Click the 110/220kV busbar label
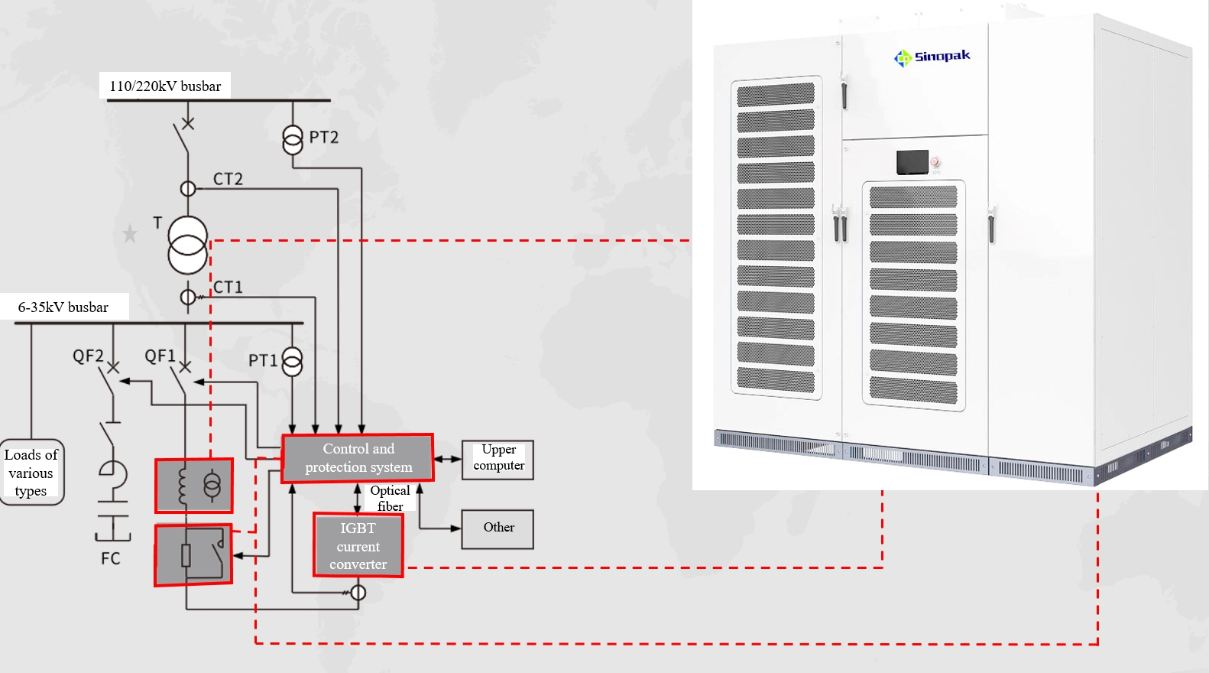[x=164, y=86]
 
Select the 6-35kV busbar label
[x=63, y=307]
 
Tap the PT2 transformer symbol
[x=293, y=139]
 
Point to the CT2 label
[x=228, y=179]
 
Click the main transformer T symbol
[x=187, y=245]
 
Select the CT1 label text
[x=228, y=288]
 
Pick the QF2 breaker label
[x=88, y=356]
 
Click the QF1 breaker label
[x=160, y=356]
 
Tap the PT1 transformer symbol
[x=292, y=362]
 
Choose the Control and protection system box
[x=358, y=458]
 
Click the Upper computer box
[x=498, y=460]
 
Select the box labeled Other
[x=498, y=528]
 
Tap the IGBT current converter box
[x=358, y=545]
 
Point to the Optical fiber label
[x=390, y=498]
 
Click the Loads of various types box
[x=31, y=473]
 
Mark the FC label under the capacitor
[x=111, y=559]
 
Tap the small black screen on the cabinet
[x=912, y=162]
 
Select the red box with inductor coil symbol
[x=194, y=486]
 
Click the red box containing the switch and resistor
[x=193, y=554]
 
